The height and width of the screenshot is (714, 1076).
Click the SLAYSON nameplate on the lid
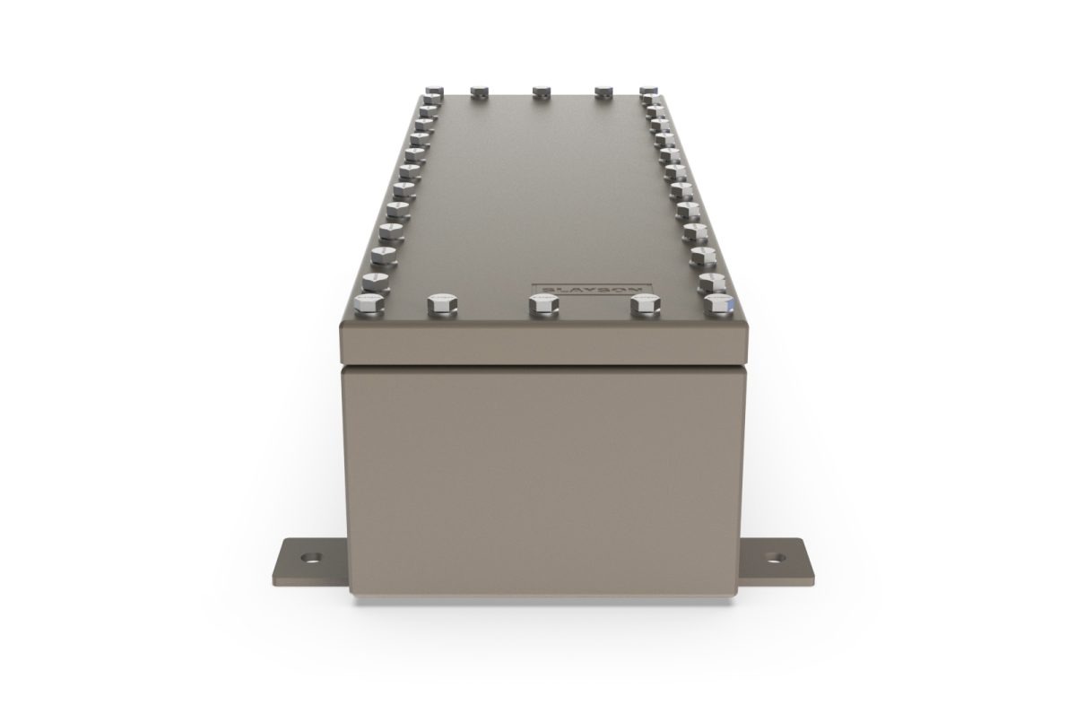593,290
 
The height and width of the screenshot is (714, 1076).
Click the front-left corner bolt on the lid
369,304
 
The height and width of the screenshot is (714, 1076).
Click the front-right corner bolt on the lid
718,304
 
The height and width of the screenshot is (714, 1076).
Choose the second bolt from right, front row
643,305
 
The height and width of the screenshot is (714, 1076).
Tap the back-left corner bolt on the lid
435,91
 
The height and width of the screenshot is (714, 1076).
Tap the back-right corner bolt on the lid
648,91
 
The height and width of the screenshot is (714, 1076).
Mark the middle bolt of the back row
541,91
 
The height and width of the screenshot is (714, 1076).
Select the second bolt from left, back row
479,91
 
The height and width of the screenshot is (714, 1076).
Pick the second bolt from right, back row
603,91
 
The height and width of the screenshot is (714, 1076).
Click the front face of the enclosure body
542,475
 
